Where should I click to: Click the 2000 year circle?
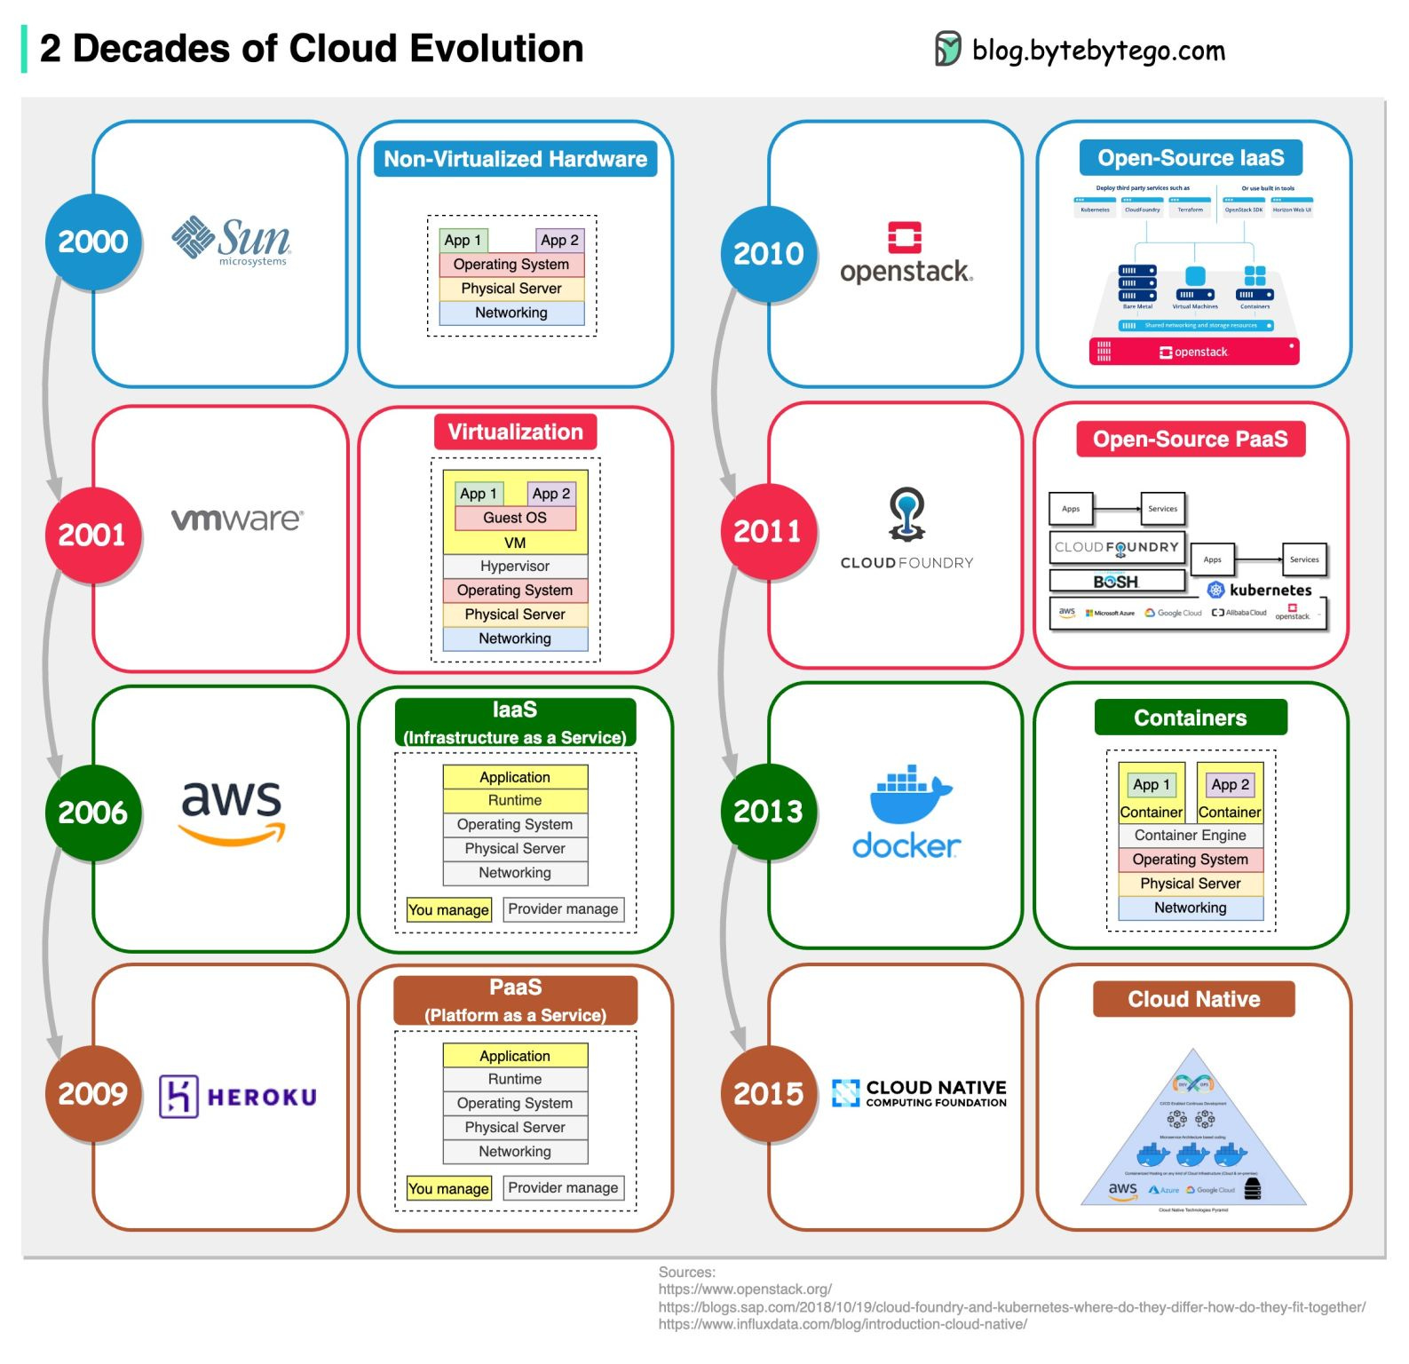pyautogui.click(x=93, y=242)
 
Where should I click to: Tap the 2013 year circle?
pyautogui.click(x=768, y=811)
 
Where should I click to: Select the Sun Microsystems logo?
pyautogui.click(x=232, y=241)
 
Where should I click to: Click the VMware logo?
pyautogui.click(x=237, y=519)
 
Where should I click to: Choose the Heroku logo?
pyautogui.click(x=238, y=1097)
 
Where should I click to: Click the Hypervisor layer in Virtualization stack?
pyautogui.click(x=515, y=567)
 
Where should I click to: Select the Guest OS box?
pyautogui.click(x=515, y=518)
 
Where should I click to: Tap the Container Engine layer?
pyautogui.click(x=1190, y=836)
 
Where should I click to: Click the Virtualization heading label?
pyautogui.click(x=515, y=432)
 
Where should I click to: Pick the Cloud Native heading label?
pyautogui.click(x=1193, y=999)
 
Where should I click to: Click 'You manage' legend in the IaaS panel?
pyautogui.click(x=448, y=909)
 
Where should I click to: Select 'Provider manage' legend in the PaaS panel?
pyautogui.click(x=563, y=1188)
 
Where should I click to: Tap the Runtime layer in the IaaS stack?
pyautogui.click(x=515, y=800)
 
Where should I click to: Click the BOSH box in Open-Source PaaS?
pyautogui.click(x=1116, y=582)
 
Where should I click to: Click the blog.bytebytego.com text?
pyautogui.click(x=1098, y=51)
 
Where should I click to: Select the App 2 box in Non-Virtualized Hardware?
pyautogui.click(x=560, y=240)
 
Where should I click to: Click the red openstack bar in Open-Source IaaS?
pyautogui.click(x=1193, y=352)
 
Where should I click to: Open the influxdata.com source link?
pyautogui.click(x=843, y=1324)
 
